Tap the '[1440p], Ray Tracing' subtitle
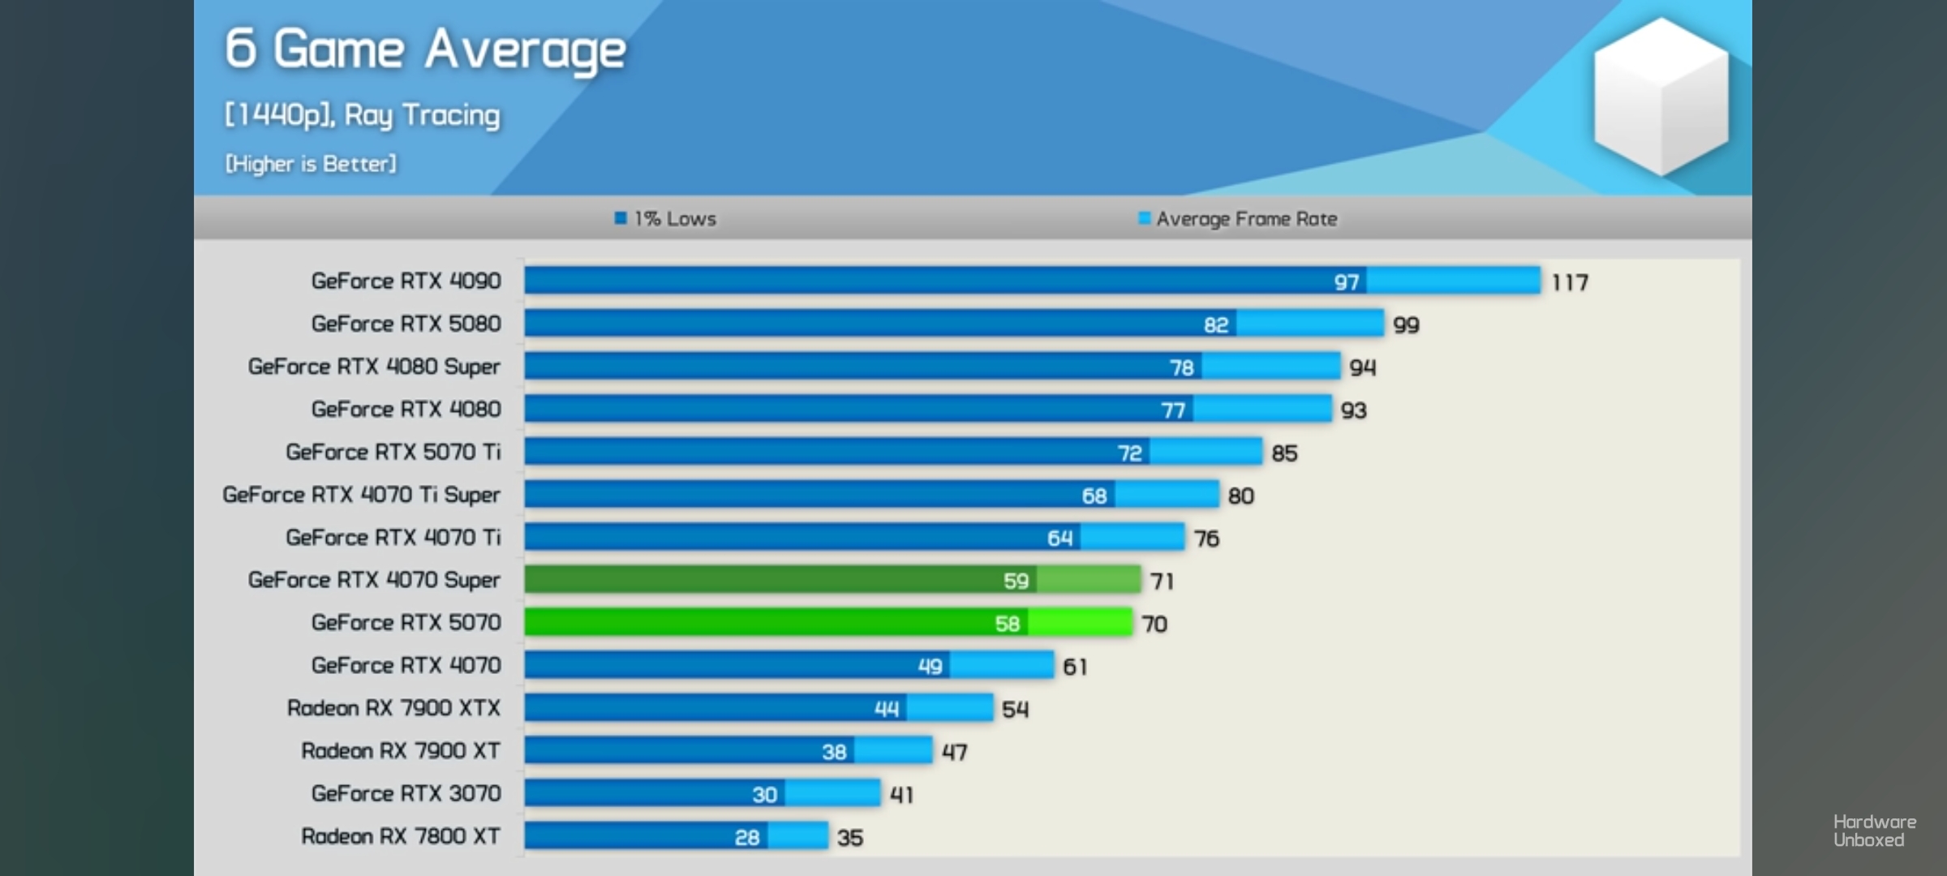362,114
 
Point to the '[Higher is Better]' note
311,164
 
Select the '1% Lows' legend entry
666,219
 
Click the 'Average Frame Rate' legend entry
1238,219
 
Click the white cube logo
1661,96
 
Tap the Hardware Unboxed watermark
1874,831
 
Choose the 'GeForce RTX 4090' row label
406,281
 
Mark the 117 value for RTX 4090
1570,282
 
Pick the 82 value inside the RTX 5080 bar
1215,324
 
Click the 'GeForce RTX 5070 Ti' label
393,452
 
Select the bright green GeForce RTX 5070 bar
827,623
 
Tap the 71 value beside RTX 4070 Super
1162,581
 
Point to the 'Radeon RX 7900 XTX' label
393,708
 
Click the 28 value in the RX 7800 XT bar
747,837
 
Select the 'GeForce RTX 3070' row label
406,793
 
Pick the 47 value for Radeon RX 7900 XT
954,752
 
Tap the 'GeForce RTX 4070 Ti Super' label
361,495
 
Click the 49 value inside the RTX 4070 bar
930,666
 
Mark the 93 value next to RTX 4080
1353,410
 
